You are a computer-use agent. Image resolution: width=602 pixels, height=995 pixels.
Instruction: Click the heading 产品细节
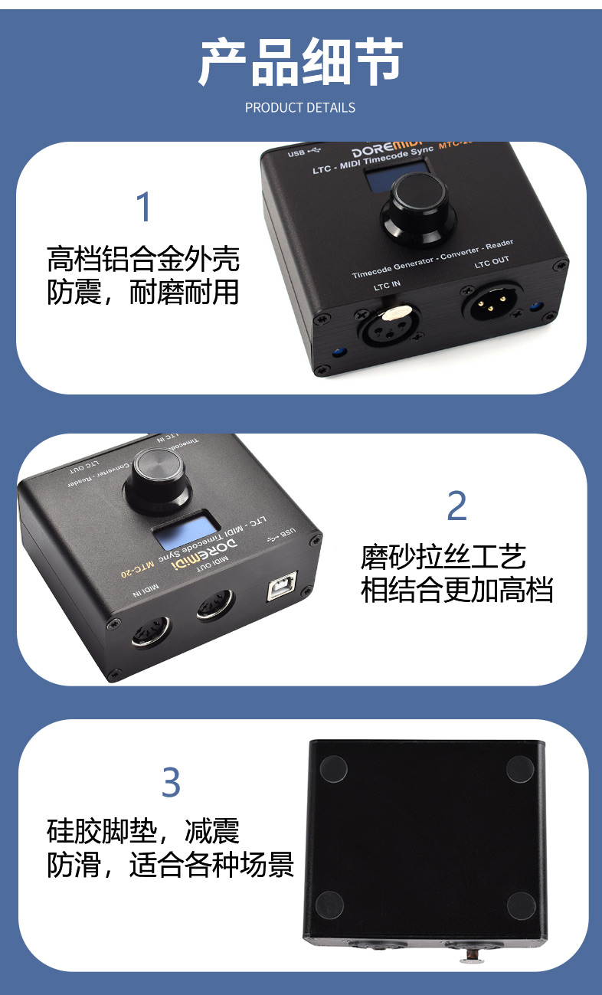pos(300,62)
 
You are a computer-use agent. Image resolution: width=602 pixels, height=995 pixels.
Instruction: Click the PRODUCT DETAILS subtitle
pos(300,108)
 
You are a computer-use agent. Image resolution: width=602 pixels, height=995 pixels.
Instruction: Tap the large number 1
pos(143,208)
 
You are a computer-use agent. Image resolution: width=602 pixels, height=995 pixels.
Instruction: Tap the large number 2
pos(456,506)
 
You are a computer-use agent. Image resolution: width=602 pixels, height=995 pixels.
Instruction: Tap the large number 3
pos(171,783)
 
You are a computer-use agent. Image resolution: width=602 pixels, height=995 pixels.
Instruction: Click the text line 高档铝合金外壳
pos(143,259)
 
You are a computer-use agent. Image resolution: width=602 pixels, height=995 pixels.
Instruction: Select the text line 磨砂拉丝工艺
pos(443,557)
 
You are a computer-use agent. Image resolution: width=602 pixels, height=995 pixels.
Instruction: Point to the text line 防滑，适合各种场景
pos(171,865)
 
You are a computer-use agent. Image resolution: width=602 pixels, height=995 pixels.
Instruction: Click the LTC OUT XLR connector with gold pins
pos(490,303)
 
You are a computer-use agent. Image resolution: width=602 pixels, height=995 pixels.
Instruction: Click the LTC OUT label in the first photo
pos(491,262)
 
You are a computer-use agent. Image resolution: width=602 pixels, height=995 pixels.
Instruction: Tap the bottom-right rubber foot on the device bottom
pos(520,905)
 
